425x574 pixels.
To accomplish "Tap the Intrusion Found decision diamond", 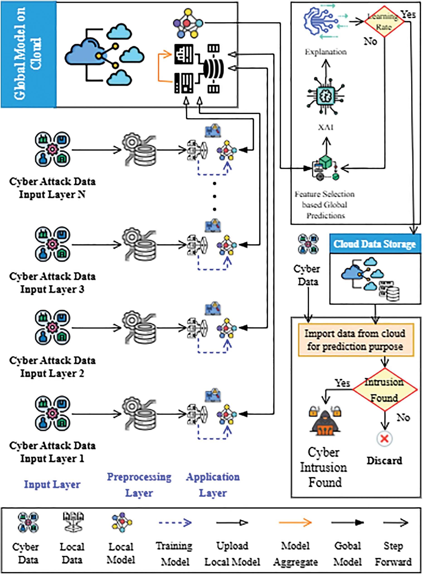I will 384,389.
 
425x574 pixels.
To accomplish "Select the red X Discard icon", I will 384,439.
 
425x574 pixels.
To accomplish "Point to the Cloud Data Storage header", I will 375,244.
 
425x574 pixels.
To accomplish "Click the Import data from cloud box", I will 356,340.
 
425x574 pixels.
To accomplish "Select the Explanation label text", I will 326,52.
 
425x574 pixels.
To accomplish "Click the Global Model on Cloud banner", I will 29,54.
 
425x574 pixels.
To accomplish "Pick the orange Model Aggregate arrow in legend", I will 295,523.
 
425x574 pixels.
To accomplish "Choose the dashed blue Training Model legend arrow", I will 175,523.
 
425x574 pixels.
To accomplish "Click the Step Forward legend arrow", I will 395,523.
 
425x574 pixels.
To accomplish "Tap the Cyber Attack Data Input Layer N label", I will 52,188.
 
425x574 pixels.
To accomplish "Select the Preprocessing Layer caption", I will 139,485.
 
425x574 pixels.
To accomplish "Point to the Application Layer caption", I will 213,485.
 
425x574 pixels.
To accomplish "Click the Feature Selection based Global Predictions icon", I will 325,168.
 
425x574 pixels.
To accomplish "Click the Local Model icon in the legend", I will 121,522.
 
